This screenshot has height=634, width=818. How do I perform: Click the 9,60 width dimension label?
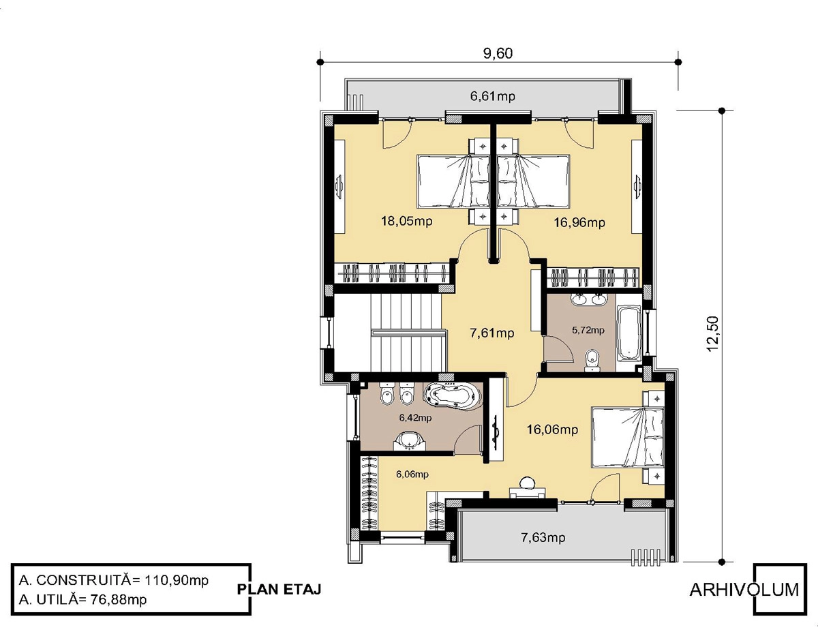coord(498,53)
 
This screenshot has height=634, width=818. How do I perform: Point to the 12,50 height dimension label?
coord(712,334)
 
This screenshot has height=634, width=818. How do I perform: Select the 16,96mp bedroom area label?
coord(579,222)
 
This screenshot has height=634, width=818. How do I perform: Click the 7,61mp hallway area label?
coord(492,333)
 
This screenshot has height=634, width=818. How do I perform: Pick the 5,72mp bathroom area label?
coord(588,330)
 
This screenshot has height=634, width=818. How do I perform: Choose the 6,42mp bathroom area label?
coord(415,417)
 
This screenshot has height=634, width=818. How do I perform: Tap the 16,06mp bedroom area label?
coord(552,429)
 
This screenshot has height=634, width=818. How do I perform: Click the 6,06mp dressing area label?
coord(412,474)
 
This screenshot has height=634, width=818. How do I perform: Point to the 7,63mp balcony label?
coord(543,537)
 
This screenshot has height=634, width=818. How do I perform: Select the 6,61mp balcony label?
coord(492,96)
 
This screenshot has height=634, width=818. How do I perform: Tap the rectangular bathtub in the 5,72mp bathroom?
coord(628,333)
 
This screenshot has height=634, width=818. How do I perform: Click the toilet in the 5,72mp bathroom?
coord(592,361)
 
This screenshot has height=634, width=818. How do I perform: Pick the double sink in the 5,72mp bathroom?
coord(590,299)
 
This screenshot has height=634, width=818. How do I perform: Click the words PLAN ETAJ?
coord(279,589)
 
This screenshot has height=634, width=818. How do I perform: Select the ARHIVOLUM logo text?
coord(744,590)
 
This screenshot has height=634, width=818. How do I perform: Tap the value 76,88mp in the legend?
coord(118,599)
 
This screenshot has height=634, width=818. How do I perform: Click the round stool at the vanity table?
coord(527,483)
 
